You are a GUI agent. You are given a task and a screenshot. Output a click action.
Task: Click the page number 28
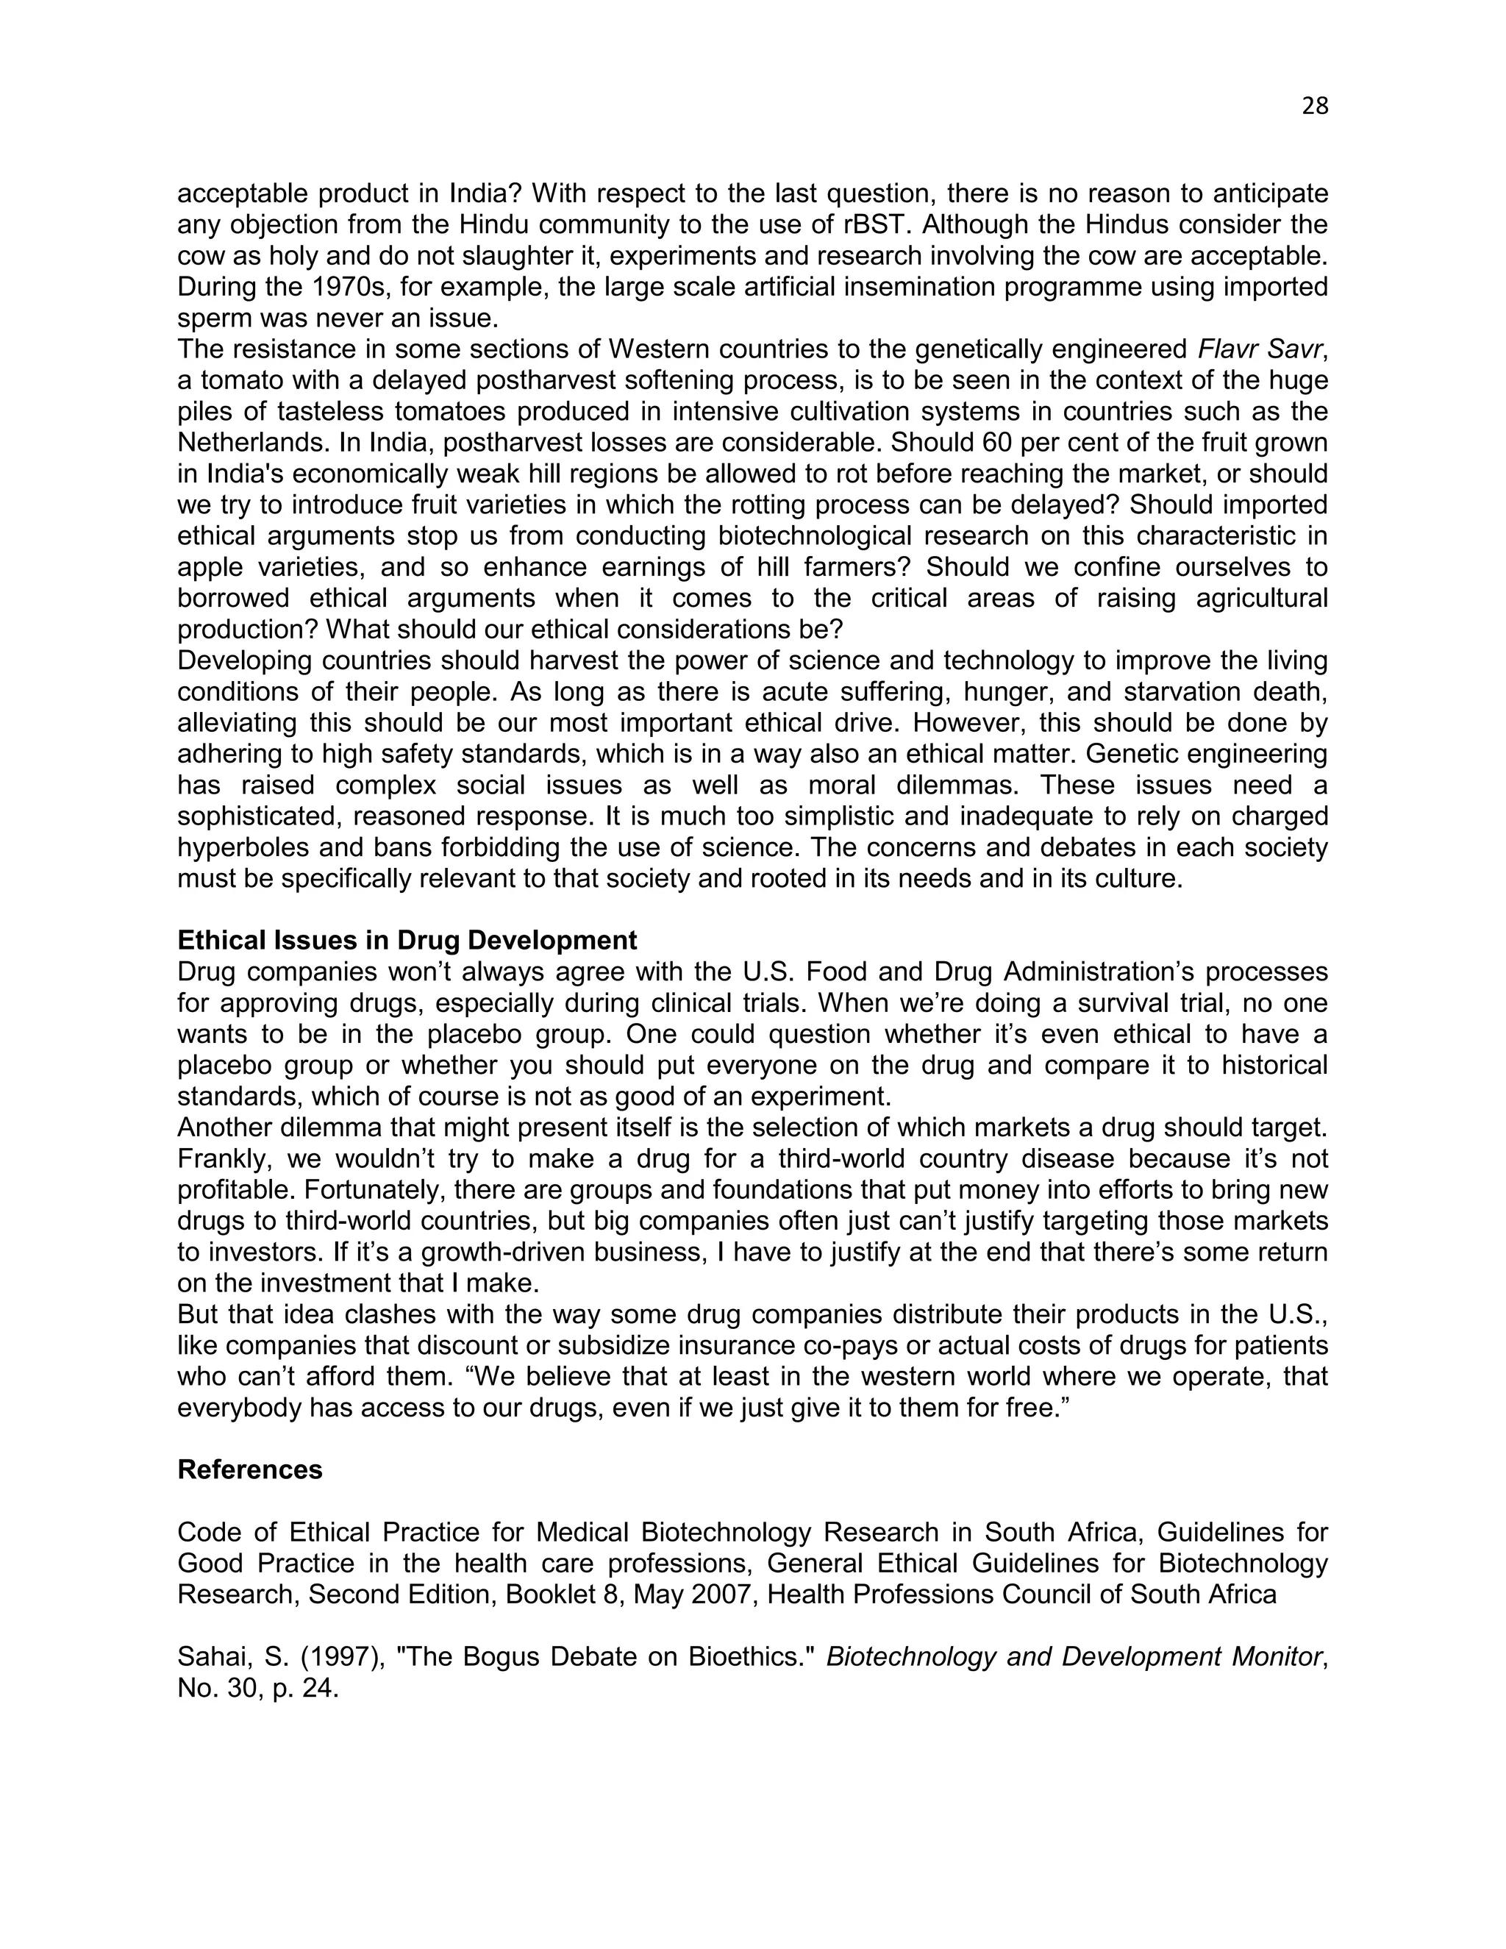tap(1314, 106)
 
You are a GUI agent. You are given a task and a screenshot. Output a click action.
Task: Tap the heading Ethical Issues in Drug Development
tap(407, 940)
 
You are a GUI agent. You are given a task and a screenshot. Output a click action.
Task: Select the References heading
tap(250, 1469)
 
